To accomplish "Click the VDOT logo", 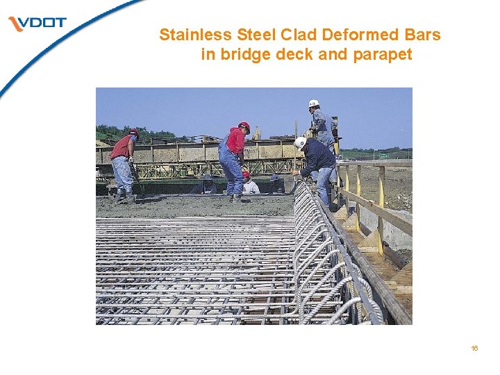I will tap(38, 24).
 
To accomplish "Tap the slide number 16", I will tap(474, 348).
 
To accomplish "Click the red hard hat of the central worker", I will tap(244, 126).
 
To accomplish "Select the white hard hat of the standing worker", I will tap(314, 103).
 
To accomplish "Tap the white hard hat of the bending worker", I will tap(300, 142).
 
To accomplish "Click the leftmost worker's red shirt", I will tap(122, 147).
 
